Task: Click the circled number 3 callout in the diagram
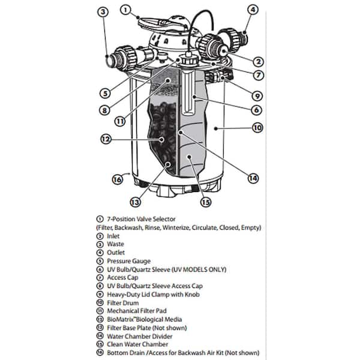[x=103, y=12]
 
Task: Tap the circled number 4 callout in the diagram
[x=253, y=10]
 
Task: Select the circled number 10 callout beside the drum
[x=257, y=128]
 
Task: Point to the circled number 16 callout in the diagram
[x=118, y=179]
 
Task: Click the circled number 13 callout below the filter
[x=135, y=202]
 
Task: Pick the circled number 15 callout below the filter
[x=205, y=202]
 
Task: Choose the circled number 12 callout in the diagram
[x=106, y=139]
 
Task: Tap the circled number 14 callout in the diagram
[x=253, y=178]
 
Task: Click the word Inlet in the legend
[x=113, y=236]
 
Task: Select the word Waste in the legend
[x=115, y=244]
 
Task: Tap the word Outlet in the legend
[x=116, y=253]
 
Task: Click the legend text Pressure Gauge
[x=129, y=261]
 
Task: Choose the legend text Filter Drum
[x=123, y=303]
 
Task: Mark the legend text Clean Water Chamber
[x=137, y=344]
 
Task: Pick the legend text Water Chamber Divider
[x=140, y=337]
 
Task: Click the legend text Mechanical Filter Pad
[x=137, y=311]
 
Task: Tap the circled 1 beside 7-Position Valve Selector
[x=100, y=219]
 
